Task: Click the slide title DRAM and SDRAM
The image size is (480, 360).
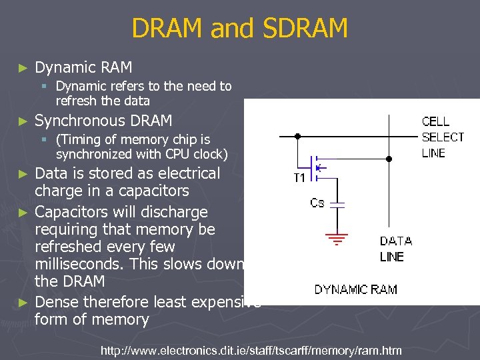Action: [x=239, y=29]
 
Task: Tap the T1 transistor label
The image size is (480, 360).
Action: [x=299, y=178]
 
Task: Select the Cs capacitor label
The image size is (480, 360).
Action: [x=317, y=202]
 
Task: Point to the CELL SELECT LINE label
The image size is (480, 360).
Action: [x=443, y=137]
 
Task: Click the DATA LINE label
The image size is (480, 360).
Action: [x=396, y=249]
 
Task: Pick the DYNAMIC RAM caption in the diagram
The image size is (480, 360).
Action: [x=356, y=289]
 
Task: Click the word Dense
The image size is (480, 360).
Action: [x=57, y=302]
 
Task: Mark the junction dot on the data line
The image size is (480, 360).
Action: [x=389, y=159]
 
